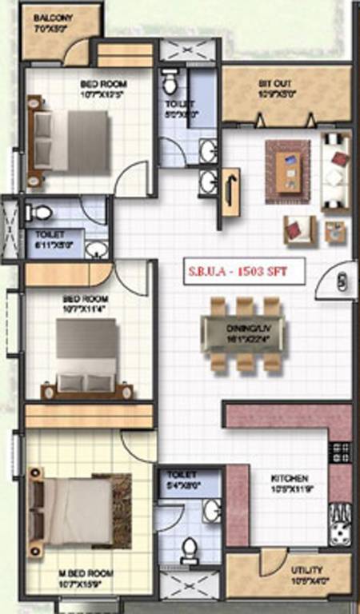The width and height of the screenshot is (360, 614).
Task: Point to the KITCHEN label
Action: (290, 479)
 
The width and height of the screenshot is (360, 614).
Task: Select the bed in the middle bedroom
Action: (86, 355)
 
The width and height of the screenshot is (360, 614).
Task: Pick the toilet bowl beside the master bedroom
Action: (190, 549)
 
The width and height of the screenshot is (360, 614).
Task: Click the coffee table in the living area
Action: (288, 166)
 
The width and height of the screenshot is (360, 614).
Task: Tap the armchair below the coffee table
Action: (295, 229)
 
